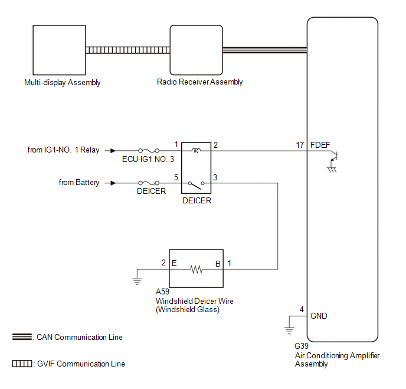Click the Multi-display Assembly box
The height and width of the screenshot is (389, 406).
pos(58,50)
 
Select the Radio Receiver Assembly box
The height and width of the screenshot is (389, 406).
pos(196,50)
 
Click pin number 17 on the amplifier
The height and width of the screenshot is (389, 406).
pos(300,145)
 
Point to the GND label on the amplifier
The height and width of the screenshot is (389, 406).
pos(319,316)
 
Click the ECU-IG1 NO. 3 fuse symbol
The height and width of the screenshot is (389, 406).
pos(145,151)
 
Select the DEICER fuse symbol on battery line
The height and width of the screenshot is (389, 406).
pos(145,183)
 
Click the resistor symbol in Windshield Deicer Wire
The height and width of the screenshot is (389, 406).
pos(196,269)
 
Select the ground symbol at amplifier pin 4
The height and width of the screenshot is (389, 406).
pos(289,329)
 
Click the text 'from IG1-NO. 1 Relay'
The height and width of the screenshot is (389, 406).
pos(63,150)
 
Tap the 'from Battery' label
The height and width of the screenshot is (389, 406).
pos(79,183)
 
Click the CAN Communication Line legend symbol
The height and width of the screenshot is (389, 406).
pos(22,337)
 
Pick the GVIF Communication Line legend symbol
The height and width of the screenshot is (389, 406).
pos(22,364)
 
